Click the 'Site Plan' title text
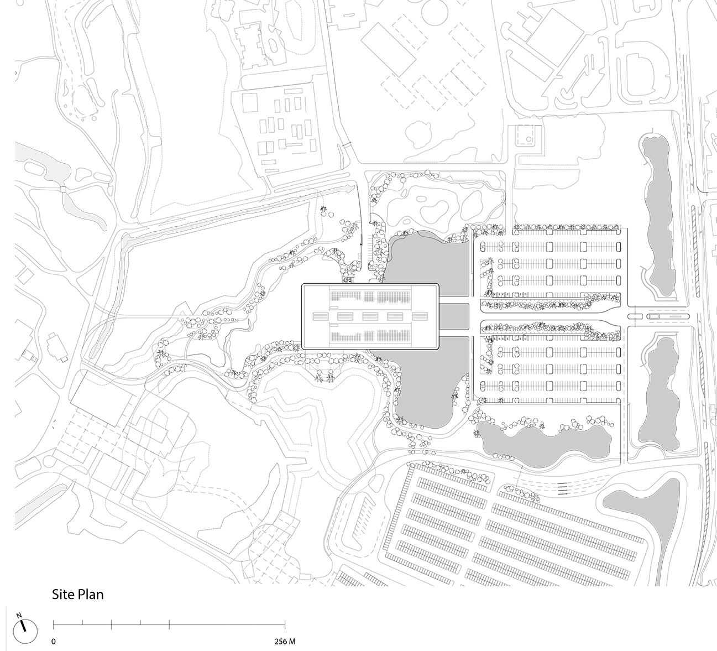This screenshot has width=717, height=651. coord(78,595)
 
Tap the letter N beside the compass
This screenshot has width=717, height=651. coord(19,615)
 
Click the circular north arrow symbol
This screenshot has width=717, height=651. coord(25,630)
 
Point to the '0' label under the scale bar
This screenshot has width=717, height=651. coord(54,642)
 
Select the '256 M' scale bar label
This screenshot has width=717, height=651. coord(285,642)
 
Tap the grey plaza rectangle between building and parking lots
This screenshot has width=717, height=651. coord(454,316)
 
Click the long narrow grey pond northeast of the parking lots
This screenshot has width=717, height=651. coord(658,210)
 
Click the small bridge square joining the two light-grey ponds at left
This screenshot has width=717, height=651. coord(64,190)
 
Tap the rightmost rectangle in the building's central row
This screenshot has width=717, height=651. coord(420,316)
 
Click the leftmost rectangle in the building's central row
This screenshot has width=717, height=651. coord(321,316)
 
